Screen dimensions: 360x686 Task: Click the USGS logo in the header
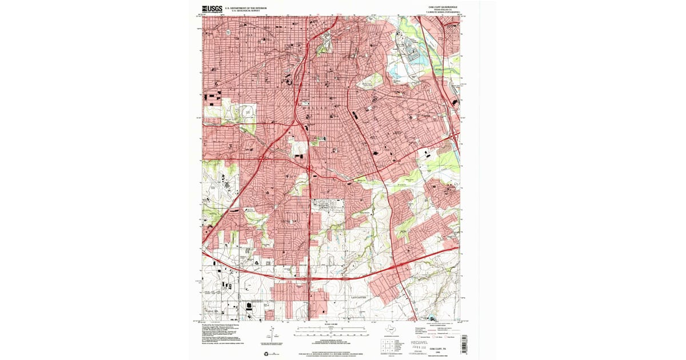click(213, 9)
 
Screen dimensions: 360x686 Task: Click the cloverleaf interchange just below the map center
click(309, 169)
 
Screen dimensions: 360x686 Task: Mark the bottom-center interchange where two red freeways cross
click(310, 280)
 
